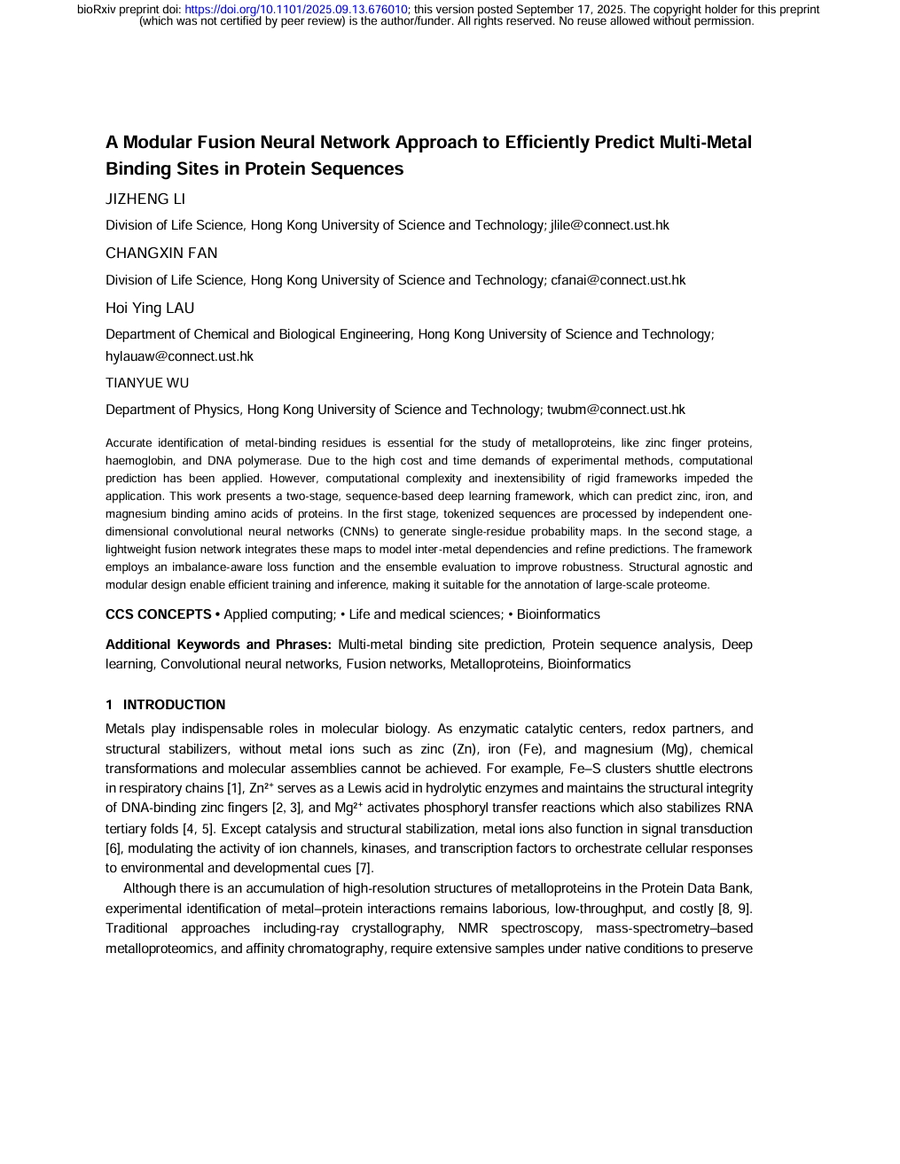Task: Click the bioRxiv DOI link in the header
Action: point(295,10)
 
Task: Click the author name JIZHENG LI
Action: point(145,199)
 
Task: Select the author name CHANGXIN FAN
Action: point(161,254)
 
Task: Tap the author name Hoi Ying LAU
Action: point(150,309)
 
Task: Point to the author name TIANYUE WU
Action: point(147,383)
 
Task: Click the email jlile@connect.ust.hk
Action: point(609,225)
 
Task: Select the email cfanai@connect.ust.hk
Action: point(618,280)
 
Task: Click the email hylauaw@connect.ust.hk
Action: point(179,356)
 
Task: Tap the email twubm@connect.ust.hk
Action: point(615,410)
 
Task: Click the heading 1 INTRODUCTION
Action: point(166,705)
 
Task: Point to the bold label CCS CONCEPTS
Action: point(159,614)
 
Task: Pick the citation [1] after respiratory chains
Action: point(233,788)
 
